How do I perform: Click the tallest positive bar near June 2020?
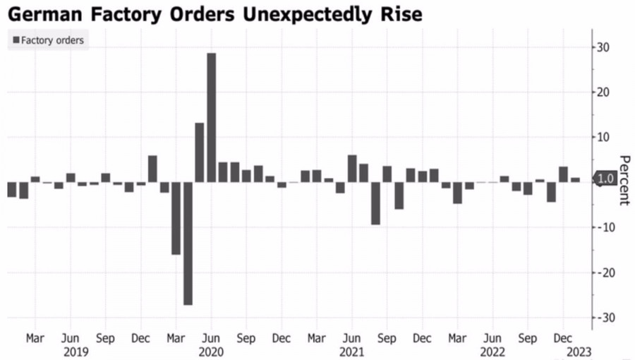(211, 117)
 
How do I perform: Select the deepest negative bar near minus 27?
(188, 244)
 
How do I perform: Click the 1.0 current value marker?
(605, 179)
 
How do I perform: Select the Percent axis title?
(624, 179)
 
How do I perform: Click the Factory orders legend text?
(52, 40)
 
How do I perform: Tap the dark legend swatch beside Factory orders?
(16, 40)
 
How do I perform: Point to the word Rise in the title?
(401, 14)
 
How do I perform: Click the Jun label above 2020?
(211, 338)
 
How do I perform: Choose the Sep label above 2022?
(528, 338)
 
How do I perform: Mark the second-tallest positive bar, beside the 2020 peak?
(200, 152)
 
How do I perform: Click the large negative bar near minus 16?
(176, 218)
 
